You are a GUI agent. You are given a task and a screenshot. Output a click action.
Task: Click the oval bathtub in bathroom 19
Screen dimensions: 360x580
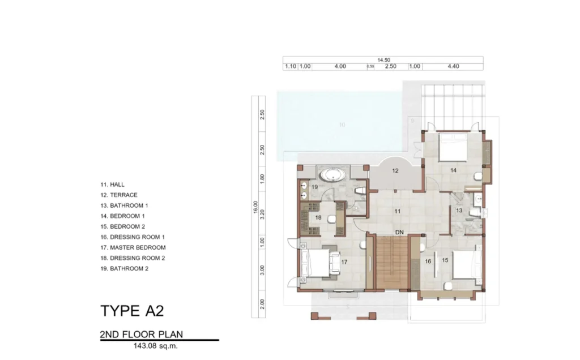click(x=332, y=175)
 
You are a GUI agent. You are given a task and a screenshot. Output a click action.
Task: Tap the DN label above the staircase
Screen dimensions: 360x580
click(x=399, y=233)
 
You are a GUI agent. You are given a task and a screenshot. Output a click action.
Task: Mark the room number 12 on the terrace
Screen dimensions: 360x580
click(x=395, y=170)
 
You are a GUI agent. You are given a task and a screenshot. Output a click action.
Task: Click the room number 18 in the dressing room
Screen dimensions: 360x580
click(x=318, y=217)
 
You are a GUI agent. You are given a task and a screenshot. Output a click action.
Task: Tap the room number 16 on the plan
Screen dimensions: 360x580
click(x=428, y=261)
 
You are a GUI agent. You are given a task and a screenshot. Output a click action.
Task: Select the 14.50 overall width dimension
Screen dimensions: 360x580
click(x=383, y=59)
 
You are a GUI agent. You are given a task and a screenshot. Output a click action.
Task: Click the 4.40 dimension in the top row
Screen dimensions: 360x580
click(x=453, y=66)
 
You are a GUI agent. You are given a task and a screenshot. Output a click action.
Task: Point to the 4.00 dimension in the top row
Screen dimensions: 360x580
click(x=340, y=66)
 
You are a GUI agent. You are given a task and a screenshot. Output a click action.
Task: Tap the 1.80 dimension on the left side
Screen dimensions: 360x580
click(x=262, y=177)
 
